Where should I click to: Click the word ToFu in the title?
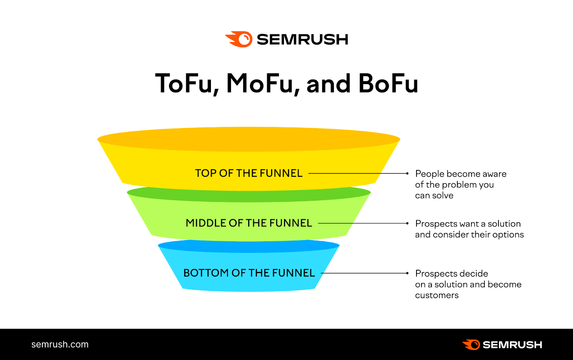pos(184,84)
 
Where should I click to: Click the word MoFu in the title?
pos(260,84)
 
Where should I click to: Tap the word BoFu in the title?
pos(388,84)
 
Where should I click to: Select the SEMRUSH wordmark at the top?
pos(302,39)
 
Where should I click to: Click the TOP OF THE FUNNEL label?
pos(249,173)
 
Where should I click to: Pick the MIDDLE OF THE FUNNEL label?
pos(249,223)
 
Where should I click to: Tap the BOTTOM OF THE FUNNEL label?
pos(249,273)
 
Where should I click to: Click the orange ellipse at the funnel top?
pos(249,139)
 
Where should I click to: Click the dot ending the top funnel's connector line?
pos(407,173)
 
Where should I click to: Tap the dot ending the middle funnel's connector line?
pos(407,223)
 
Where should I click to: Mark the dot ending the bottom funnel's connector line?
pos(407,273)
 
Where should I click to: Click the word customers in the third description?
pos(437,296)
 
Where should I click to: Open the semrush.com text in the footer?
pos(60,344)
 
